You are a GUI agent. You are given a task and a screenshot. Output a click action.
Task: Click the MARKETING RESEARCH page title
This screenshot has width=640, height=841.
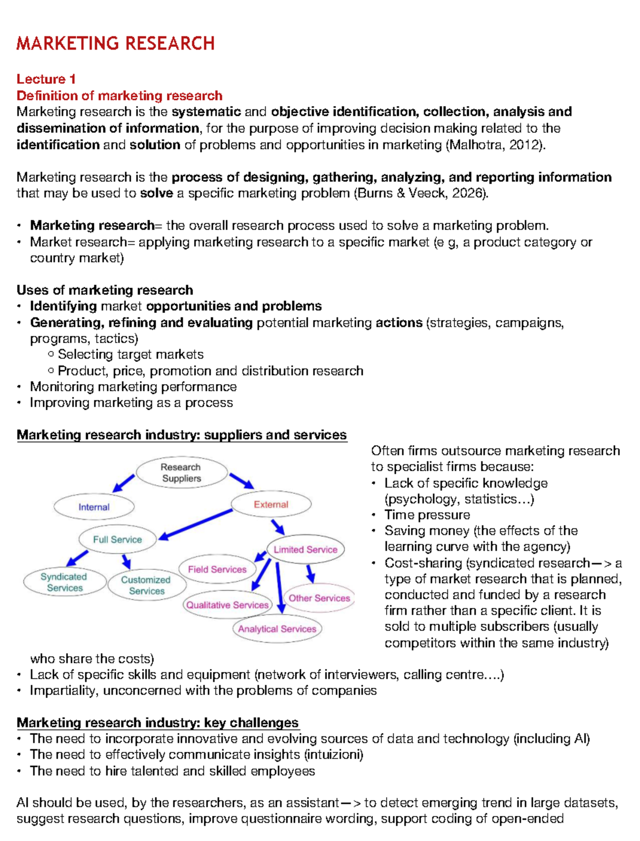tap(115, 43)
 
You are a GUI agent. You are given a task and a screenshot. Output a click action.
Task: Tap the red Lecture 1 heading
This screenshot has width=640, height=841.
tap(46, 79)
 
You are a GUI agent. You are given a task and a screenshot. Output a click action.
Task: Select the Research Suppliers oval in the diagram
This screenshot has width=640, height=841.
tap(181, 473)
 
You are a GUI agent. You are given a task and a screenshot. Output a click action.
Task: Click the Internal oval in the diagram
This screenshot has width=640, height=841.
tap(94, 507)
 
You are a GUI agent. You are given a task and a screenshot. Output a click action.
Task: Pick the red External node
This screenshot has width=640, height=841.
tap(271, 504)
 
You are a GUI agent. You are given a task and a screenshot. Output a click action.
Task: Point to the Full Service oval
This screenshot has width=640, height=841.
tap(117, 539)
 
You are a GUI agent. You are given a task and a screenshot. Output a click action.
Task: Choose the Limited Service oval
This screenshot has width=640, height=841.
tap(306, 550)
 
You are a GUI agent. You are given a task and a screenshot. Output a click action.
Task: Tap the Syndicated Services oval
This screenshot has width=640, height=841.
tap(65, 582)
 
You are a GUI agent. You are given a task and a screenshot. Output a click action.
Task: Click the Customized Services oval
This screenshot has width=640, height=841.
tap(146, 585)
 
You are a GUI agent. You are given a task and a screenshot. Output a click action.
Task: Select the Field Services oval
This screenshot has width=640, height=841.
tap(217, 569)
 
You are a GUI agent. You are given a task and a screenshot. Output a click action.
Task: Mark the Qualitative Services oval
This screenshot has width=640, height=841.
tap(227, 605)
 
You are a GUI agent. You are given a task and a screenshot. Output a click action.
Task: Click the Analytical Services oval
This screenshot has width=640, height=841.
tap(277, 629)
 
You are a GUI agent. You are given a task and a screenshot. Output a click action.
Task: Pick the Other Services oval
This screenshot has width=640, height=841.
tap(319, 598)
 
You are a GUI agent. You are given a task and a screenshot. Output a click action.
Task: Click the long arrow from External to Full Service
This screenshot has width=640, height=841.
tap(196, 523)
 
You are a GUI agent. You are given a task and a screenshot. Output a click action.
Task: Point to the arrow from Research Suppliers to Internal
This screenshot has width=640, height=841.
tap(124, 483)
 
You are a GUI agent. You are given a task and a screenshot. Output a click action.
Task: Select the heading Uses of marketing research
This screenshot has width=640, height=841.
tap(105, 290)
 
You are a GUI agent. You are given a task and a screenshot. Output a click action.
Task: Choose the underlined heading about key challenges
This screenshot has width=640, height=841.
tap(158, 723)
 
